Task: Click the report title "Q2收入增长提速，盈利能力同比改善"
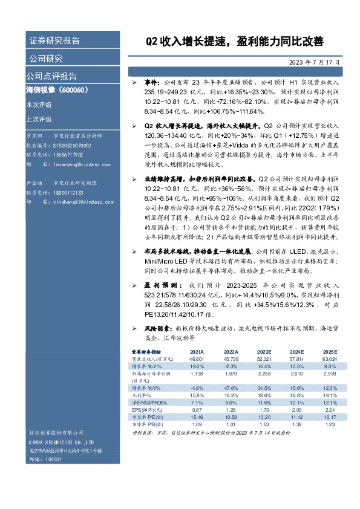click(x=234, y=42)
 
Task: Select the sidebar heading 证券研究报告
click(x=54, y=41)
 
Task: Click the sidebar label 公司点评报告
click(x=51, y=76)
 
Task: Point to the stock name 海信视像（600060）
click(x=57, y=90)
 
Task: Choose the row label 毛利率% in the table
click(x=142, y=395)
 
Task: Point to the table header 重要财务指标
click(x=147, y=351)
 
